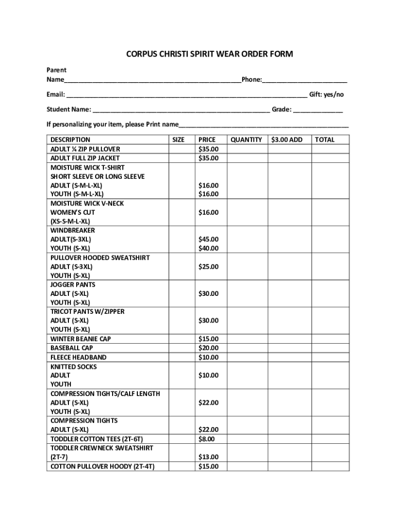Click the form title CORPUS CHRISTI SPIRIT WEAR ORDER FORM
click(210, 54)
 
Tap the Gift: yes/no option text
click(326, 95)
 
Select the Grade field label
click(282, 109)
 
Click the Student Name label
click(69, 109)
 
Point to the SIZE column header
click(178, 140)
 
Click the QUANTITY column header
click(246, 140)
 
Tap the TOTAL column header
click(325, 140)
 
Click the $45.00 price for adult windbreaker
click(208, 239)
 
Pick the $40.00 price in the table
click(208, 248)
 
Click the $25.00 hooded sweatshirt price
click(208, 267)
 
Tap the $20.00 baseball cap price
click(208, 348)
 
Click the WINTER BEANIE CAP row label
click(80, 339)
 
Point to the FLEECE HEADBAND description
click(78, 357)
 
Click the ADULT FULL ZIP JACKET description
click(84, 158)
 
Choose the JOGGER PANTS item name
click(73, 285)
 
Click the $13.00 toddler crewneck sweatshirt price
click(208, 457)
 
